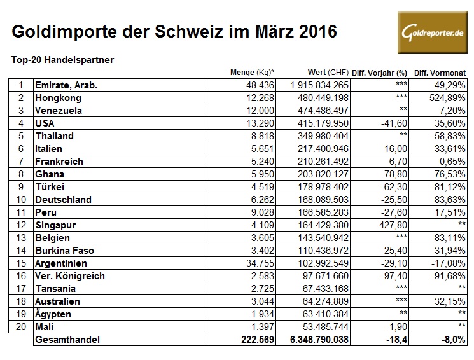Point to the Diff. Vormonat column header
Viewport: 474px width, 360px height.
pyautogui.click(x=440, y=73)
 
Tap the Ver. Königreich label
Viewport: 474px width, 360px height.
pyautogui.click(x=71, y=275)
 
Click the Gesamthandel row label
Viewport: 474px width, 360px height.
pyautogui.click(x=69, y=340)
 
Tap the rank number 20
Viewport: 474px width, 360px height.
pyautogui.click(x=21, y=326)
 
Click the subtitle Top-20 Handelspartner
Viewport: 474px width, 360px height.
pyautogui.click(x=62, y=60)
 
